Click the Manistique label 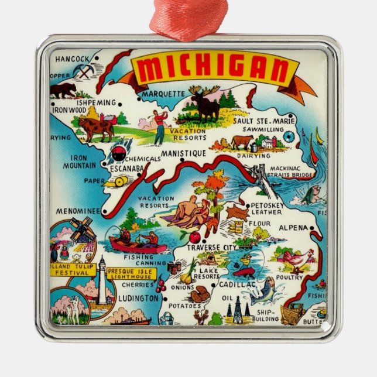(183, 153)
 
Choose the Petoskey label (269, 206)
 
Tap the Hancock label (72, 59)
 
